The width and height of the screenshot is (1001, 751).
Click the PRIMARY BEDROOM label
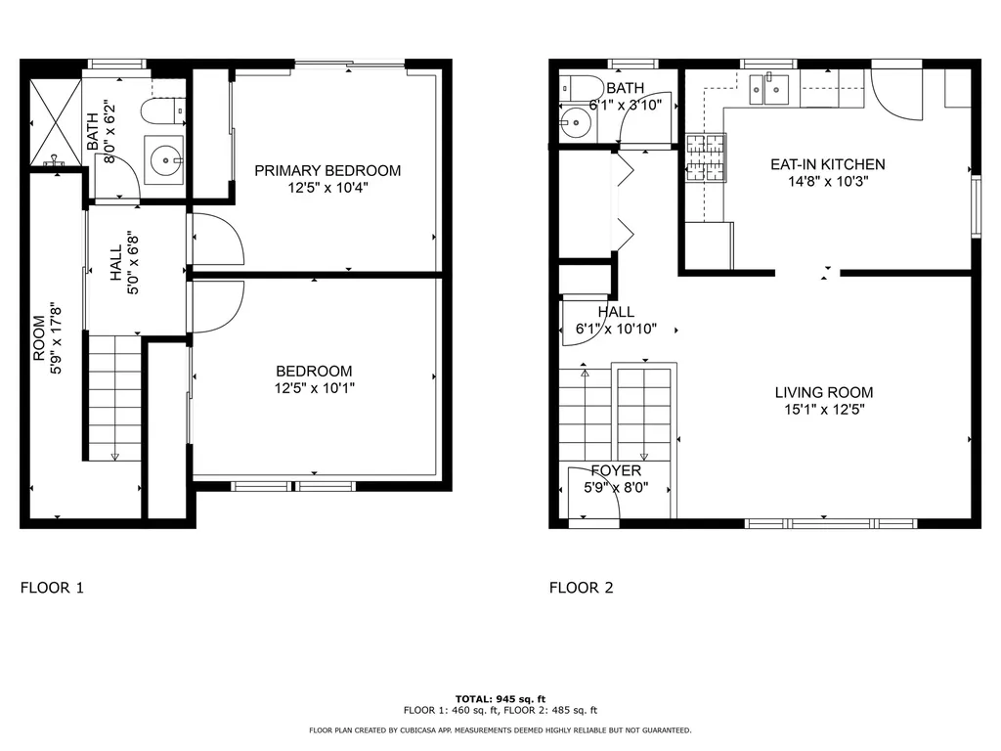coord(327,171)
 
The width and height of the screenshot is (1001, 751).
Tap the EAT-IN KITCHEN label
coord(827,164)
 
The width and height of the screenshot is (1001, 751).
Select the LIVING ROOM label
coord(819,392)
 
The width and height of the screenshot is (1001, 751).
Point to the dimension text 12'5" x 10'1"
coord(314,388)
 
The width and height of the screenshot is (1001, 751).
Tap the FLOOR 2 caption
coord(581,588)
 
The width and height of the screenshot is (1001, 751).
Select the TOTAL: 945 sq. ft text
coord(500,698)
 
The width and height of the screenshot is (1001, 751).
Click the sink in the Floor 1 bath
coord(167,157)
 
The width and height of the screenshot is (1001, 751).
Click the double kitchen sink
coord(768,90)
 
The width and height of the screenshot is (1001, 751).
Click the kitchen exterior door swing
coord(895,96)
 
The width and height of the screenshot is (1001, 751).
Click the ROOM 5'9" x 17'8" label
coord(47,337)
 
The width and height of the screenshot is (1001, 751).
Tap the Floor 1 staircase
coord(115,396)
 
